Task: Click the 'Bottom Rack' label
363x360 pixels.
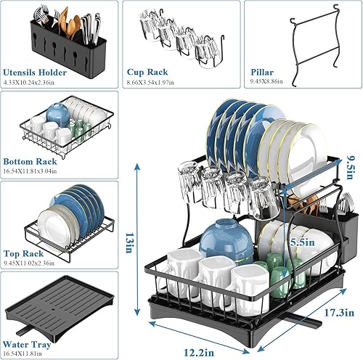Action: pos(31,163)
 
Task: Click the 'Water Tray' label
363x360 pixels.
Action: pos(28,344)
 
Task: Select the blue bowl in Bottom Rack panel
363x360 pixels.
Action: pos(57,112)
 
